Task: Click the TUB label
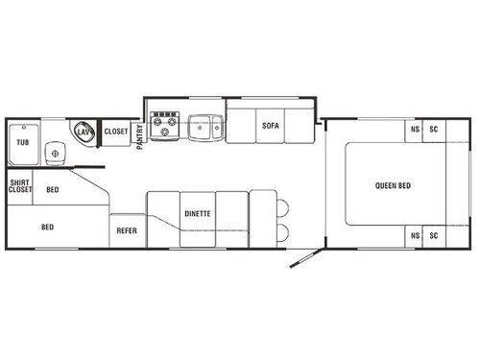tap(22, 143)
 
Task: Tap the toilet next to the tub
tap(55, 152)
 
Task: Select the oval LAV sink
tap(85, 132)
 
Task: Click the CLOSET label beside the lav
tap(116, 132)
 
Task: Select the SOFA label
tap(269, 125)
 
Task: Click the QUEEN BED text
tap(391, 184)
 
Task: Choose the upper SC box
tap(434, 131)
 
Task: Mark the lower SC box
tap(434, 236)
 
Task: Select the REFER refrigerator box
tap(127, 230)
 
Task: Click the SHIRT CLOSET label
tap(19, 186)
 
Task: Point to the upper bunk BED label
tap(52, 189)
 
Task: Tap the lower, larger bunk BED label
tap(47, 228)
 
